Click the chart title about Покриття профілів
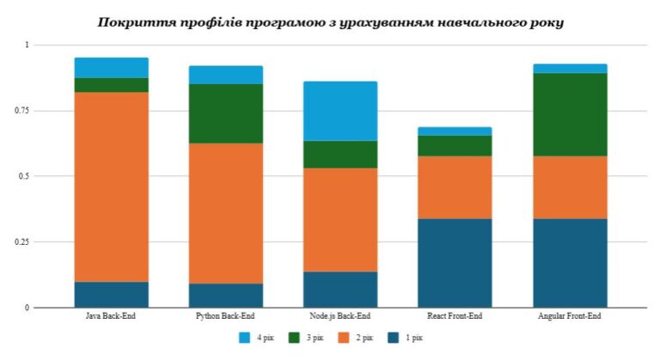click(x=330, y=21)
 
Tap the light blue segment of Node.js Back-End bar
click(x=340, y=111)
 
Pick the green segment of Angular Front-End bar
click(x=570, y=114)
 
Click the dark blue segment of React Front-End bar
click(x=455, y=263)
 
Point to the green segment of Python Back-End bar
click(x=225, y=113)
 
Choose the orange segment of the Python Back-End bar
click(x=225, y=213)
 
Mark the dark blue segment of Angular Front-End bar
click(x=570, y=263)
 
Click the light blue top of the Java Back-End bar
click(x=111, y=68)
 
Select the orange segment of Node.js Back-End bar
click(x=340, y=219)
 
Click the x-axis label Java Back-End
click(x=111, y=317)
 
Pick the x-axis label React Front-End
click(x=455, y=317)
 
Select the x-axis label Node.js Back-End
click(x=340, y=317)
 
